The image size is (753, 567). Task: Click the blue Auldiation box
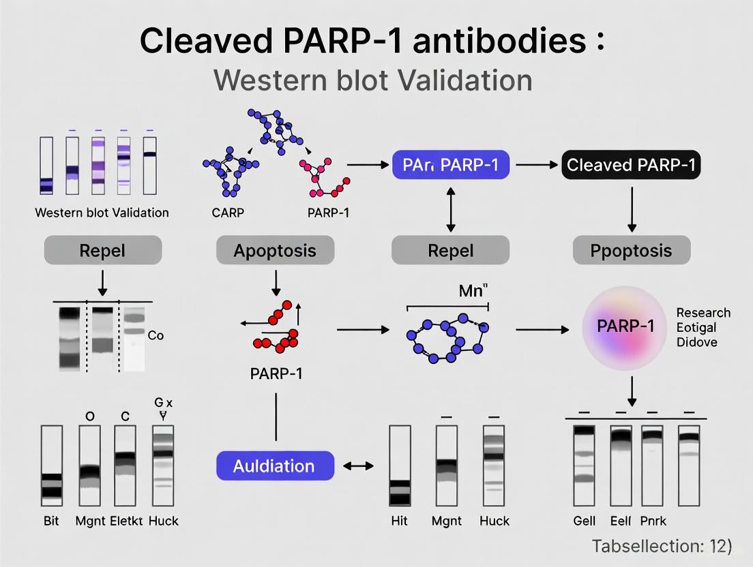click(x=275, y=466)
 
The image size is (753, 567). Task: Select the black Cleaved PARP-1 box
click(x=631, y=165)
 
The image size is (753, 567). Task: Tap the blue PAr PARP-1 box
click(x=451, y=165)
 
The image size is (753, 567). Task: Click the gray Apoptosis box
click(x=275, y=250)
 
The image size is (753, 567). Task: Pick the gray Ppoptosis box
click(x=631, y=250)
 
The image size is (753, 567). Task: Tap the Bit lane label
click(x=51, y=521)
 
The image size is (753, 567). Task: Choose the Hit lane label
click(x=400, y=521)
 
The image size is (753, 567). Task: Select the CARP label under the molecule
click(x=228, y=212)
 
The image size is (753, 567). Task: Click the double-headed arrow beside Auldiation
click(x=358, y=466)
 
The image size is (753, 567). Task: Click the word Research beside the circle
click(x=703, y=313)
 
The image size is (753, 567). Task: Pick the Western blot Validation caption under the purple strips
click(x=102, y=212)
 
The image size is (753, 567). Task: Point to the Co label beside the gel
click(x=156, y=335)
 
